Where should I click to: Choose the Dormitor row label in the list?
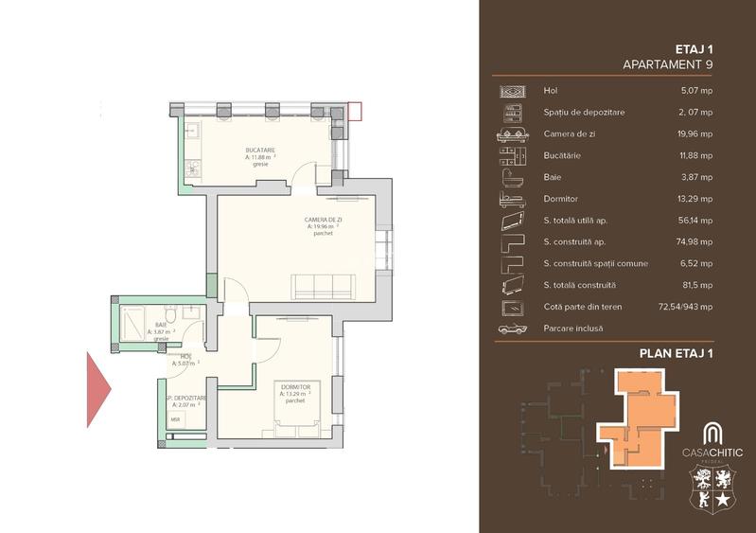pos(562,199)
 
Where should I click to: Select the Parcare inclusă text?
pos(573,329)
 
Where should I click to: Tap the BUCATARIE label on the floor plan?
pos(260,151)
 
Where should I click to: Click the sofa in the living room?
pos(323,285)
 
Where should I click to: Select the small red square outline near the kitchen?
pos(355,111)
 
